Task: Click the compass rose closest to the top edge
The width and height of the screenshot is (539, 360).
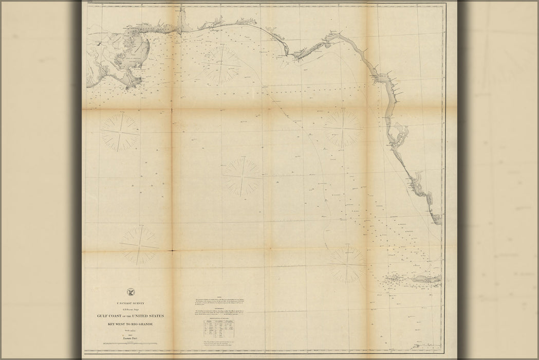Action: (x=221, y=63)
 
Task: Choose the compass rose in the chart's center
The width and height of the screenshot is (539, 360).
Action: (x=243, y=176)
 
